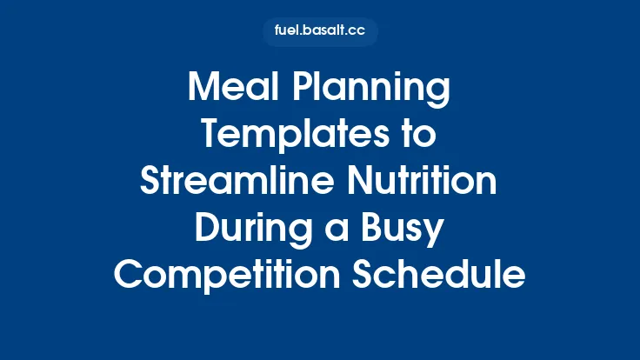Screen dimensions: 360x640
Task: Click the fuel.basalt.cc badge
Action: tap(320, 32)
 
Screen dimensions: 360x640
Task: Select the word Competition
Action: tap(220, 276)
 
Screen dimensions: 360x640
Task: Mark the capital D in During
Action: tap(206, 230)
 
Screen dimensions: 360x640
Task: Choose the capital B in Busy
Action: tap(370, 230)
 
